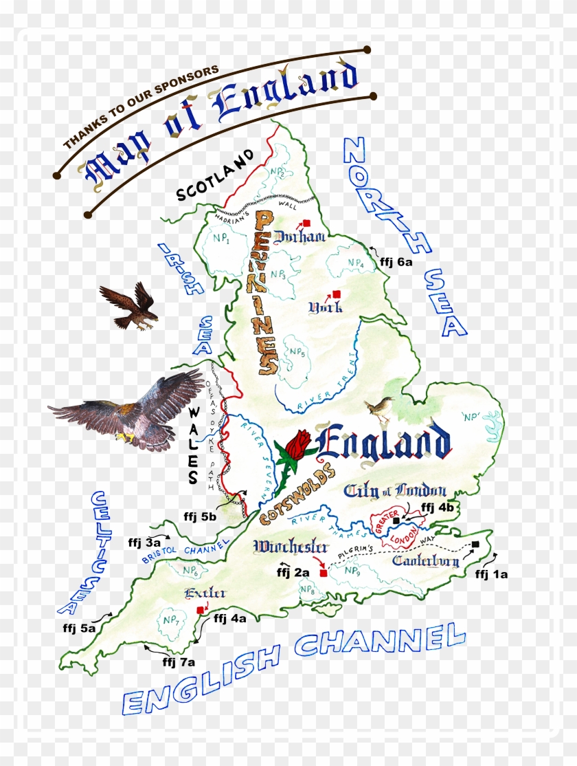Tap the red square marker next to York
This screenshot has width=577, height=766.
(x=336, y=294)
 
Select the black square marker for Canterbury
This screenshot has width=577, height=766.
(x=475, y=545)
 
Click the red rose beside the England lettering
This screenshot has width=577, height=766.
(x=299, y=444)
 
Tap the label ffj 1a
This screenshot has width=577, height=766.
(x=491, y=574)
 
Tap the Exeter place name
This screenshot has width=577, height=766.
(x=195, y=593)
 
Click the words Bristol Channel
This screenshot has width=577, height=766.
(x=185, y=552)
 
